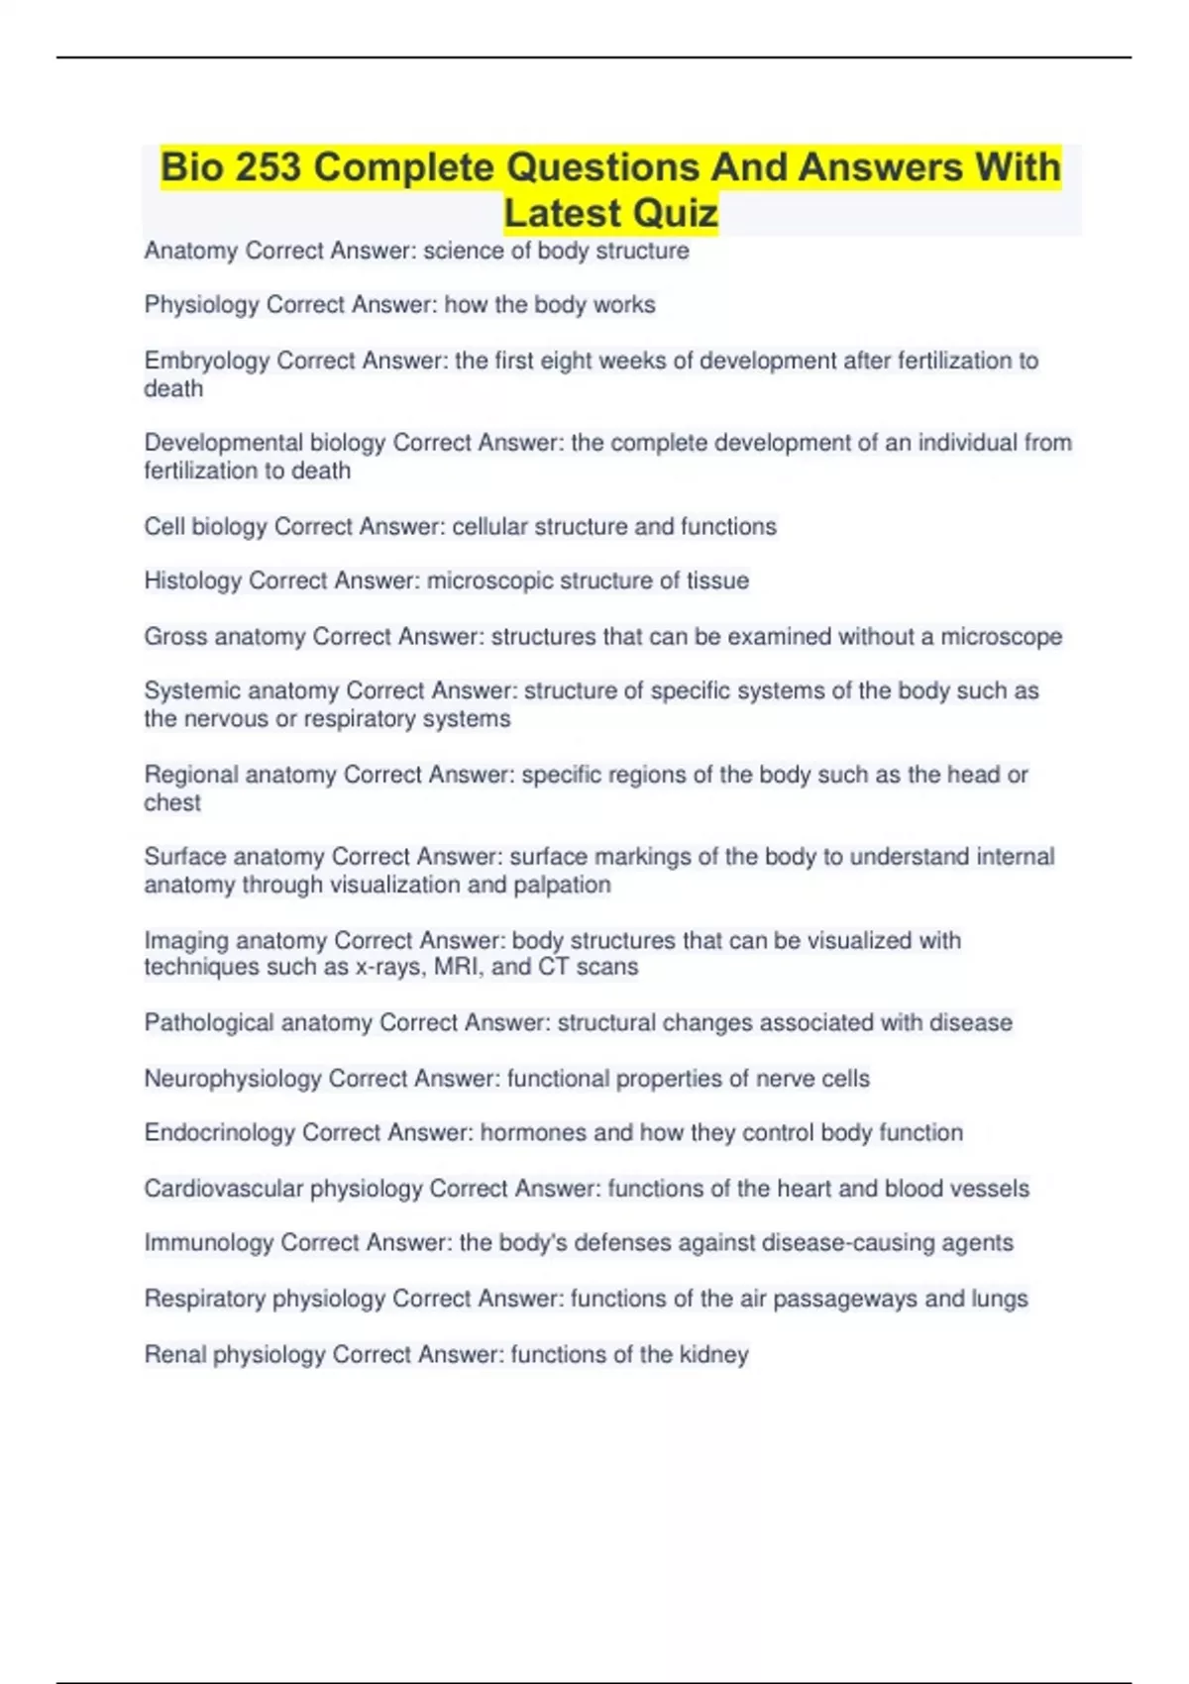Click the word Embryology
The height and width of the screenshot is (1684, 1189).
point(206,361)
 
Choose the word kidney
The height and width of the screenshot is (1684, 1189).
point(713,1354)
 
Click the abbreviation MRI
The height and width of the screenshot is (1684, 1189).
point(457,967)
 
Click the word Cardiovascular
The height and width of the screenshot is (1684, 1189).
point(223,1188)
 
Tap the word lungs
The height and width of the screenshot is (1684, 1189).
point(1000,1298)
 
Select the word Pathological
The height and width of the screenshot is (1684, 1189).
point(208,1022)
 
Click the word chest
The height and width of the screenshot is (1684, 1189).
point(172,802)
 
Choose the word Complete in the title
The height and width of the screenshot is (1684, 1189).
point(404,167)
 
